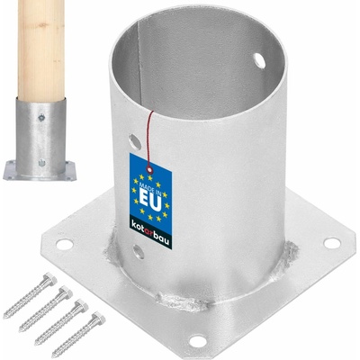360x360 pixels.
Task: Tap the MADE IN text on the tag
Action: pyautogui.click(x=150, y=188)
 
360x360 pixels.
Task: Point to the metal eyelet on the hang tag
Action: pyautogui.click(x=149, y=171)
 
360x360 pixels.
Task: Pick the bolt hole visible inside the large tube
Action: pyautogui.click(x=259, y=60)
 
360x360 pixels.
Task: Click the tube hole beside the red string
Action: pyautogui.click(x=135, y=142)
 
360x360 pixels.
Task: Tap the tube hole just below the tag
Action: pyautogui.click(x=139, y=252)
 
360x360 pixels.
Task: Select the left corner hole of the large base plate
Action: pyautogui.click(x=65, y=245)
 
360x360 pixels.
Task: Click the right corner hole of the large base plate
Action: pyautogui.click(x=332, y=243)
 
